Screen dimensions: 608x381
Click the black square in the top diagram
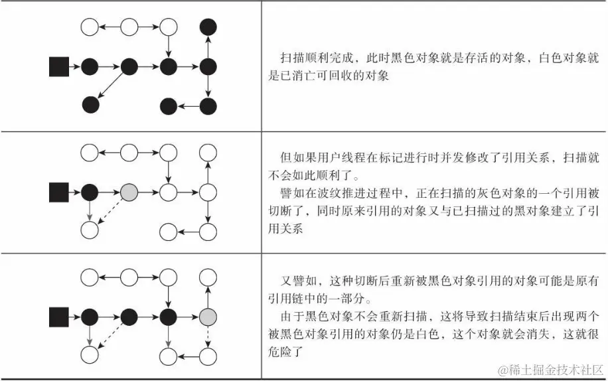coord(59,66)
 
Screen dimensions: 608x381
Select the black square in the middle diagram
coord(59,192)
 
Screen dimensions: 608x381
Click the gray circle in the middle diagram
coord(129,192)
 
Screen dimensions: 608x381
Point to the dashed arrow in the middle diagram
coord(110,212)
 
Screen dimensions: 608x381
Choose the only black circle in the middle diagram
coord(90,192)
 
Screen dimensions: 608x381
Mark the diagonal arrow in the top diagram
coord(110,86)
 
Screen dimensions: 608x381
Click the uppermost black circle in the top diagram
coord(208,27)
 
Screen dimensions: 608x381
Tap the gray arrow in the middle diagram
coord(90,212)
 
